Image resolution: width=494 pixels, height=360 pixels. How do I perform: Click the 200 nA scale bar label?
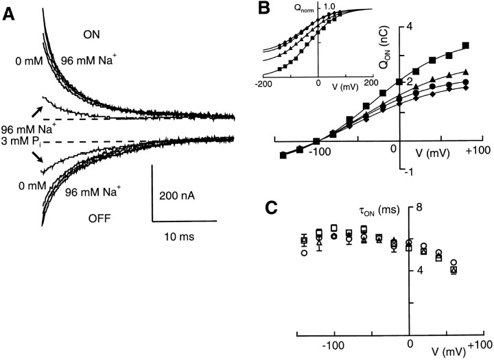(178, 195)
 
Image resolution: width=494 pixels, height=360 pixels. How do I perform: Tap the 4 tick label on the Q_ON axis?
(412, 27)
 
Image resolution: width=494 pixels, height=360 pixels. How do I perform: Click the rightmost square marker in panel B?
(466, 46)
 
